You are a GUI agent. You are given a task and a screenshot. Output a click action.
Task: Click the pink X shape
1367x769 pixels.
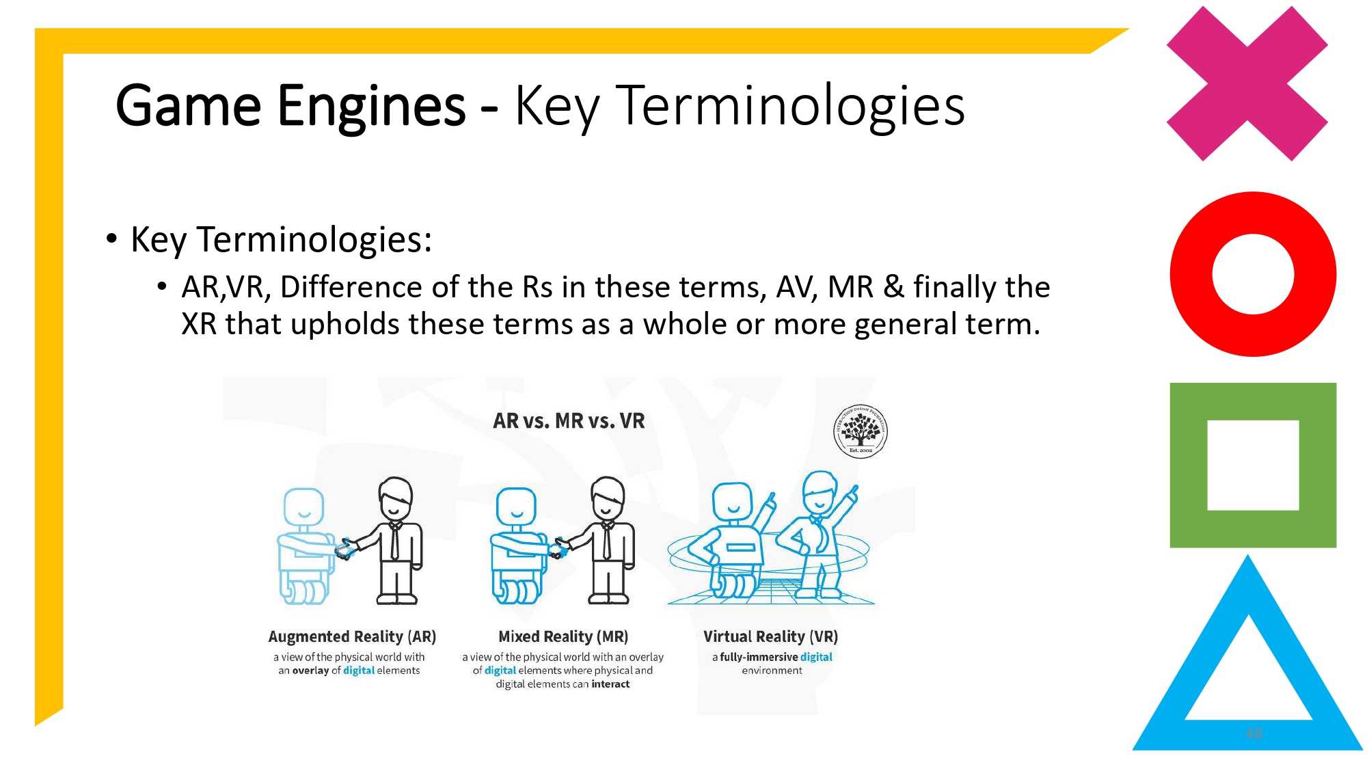pyautogui.click(x=1247, y=83)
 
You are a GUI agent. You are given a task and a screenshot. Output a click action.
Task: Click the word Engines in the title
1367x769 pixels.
pyautogui.click(x=371, y=106)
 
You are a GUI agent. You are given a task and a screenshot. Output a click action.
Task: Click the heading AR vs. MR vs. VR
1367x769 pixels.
pyautogui.click(x=569, y=421)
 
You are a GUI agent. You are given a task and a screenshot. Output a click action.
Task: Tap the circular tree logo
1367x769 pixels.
pyautogui.click(x=861, y=431)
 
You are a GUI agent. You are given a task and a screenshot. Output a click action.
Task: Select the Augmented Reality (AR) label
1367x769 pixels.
pyautogui.click(x=352, y=636)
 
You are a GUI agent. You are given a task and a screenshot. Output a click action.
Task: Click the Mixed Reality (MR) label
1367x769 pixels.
pyautogui.click(x=563, y=636)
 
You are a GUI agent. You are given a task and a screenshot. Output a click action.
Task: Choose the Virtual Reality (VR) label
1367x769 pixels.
pyautogui.click(x=770, y=636)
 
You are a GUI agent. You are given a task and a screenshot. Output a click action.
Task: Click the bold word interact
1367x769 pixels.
pyautogui.click(x=610, y=684)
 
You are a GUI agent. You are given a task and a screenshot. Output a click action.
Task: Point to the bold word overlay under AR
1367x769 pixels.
pyautogui.click(x=311, y=671)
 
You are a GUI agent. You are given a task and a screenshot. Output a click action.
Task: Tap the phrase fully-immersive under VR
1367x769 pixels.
pyautogui.click(x=759, y=657)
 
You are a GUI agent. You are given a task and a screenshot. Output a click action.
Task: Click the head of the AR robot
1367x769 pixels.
pyautogui.click(x=303, y=508)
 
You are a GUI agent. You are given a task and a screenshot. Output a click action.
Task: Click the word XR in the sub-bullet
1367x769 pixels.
pyautogui.click(x=199, y=324)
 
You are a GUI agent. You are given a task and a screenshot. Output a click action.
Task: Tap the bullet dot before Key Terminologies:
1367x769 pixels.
pyautogui.click(x=111, y=239)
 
